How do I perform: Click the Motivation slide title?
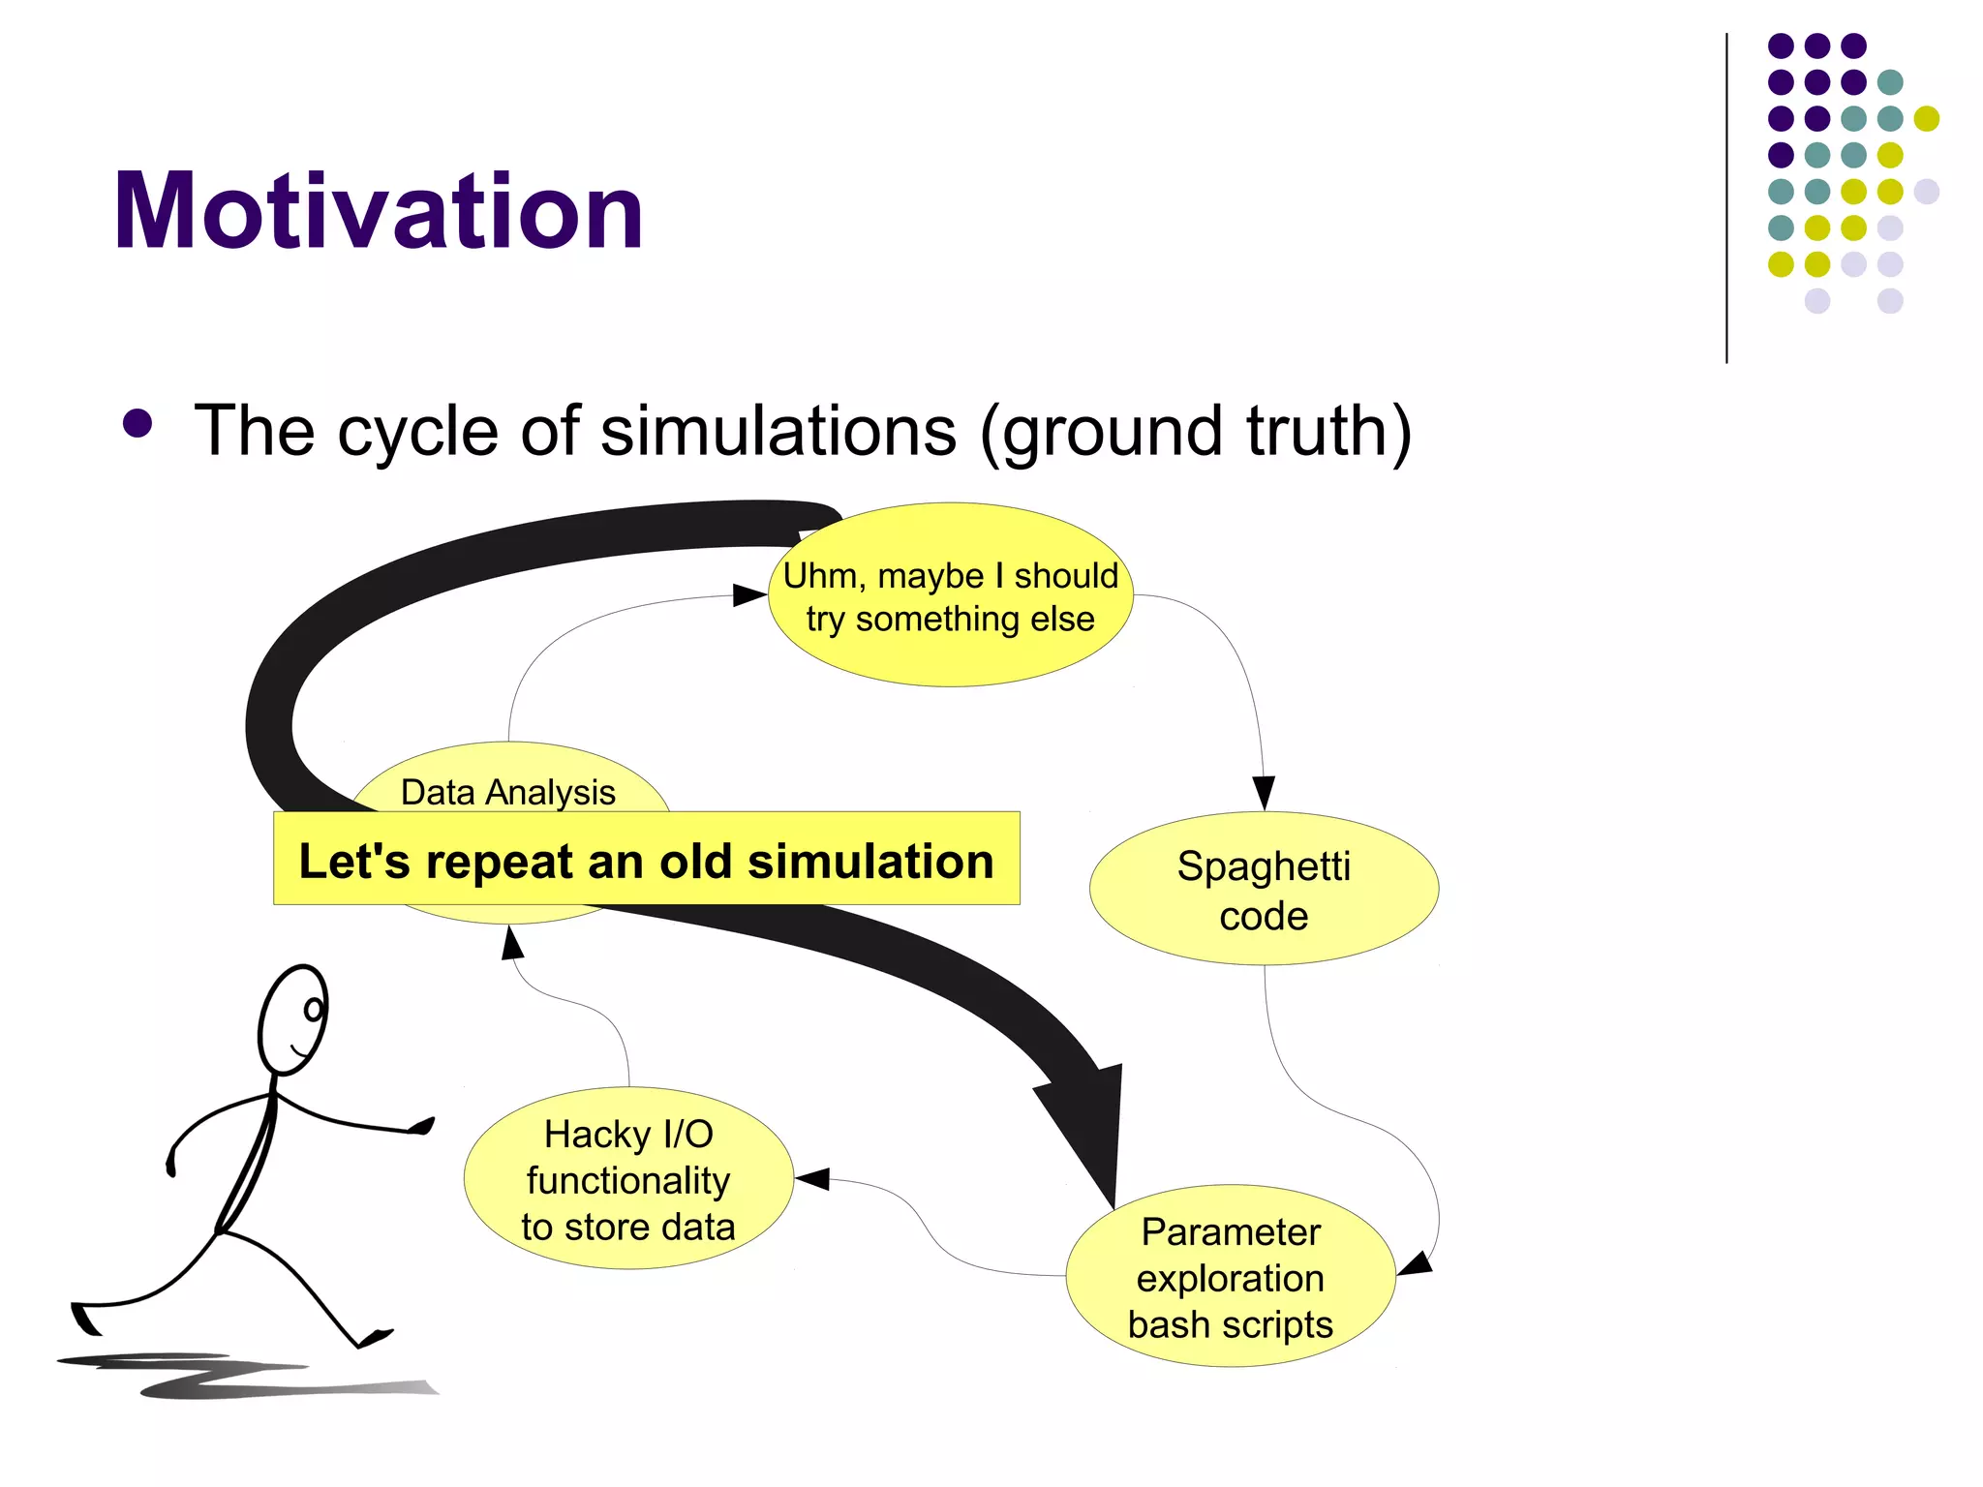tap(378, 211)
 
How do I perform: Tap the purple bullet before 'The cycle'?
tap(138, 424)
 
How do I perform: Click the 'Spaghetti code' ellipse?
tap(1263, 890)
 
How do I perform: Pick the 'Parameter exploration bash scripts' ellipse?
tap(1230, 1277)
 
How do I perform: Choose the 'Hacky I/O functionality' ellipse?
tap(628, 1179)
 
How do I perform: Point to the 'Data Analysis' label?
tap(508, 792)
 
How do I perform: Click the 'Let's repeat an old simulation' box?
tap(646, 860)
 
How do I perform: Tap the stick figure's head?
tap(293, 1019)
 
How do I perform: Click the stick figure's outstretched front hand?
tap(422, 1126)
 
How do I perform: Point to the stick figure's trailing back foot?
tap(84, 1320)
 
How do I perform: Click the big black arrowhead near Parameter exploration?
tap(1089, 1123)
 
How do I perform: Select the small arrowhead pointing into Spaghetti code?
tap(1263, 792)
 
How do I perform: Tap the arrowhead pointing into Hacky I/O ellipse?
tap(811, 1178)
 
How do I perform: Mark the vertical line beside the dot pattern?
tap(1726, 198)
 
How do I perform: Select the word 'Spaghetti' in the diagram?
tap(1263, 865)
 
